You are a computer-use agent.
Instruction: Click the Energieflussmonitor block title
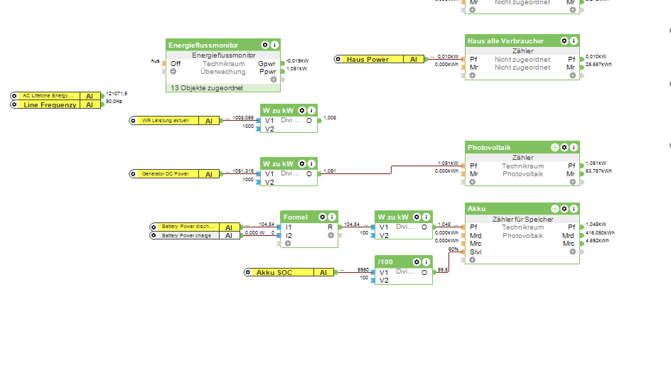(x=203, y=45)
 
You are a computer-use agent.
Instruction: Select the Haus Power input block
(x=368, y=59)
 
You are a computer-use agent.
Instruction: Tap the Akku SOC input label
(x=274, y=273)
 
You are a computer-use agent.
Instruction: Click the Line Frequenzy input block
(x=50, y=105)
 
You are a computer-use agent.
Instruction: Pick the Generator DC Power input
(x=165, y=174)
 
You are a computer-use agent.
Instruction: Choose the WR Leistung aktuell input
(x=165, y=120)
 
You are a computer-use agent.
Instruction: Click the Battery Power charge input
(x=186, y=236)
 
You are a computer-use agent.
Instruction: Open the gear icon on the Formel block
(x=322, y=217)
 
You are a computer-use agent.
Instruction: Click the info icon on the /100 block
(x=426, y=262)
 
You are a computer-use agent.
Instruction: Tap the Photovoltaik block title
(x=489, y=147)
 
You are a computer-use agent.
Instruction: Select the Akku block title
(x=477, y=209)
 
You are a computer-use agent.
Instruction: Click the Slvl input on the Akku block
(x=475, y=252)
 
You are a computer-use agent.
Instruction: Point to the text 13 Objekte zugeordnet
(x=207, y=88)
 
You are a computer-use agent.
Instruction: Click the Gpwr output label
(x=267, y=64)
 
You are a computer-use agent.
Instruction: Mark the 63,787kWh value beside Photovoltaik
(x=598, y=171)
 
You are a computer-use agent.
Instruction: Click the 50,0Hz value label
(x=114, y=102)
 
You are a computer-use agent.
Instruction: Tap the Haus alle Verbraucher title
(x=505, y=41)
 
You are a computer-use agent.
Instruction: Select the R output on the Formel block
(x=330, y=227)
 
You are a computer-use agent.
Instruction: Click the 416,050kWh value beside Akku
(x=600, y=233)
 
